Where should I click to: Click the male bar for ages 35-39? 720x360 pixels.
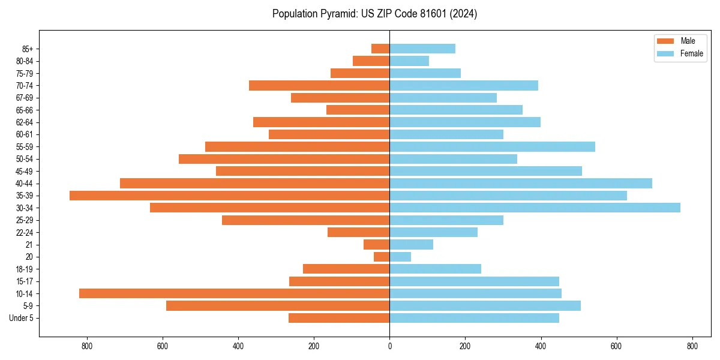(x=230, y=196)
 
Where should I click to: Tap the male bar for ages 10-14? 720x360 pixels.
(x=235, y=293)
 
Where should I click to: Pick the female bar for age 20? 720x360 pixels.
(x=400, y=257)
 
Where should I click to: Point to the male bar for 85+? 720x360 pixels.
(x=380, y=49)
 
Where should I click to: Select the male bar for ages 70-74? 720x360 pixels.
(x=319, y=85)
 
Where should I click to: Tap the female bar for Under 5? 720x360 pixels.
(x=474, y=318)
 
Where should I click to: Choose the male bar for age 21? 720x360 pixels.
(x=377, y=244)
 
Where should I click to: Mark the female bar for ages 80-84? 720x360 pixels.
(x=409, y=61)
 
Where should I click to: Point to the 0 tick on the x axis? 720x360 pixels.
(x=389, y=346)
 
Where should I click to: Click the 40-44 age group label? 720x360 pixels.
(x=25, y=184)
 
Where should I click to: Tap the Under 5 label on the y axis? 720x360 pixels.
(x=21, y=318)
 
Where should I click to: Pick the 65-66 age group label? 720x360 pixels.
(x=25, y=110)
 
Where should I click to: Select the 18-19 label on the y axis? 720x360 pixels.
(x=25, y=269)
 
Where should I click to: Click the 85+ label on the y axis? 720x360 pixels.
(x=28, y=49)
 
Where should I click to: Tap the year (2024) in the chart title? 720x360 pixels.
(x=466, y=14)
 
